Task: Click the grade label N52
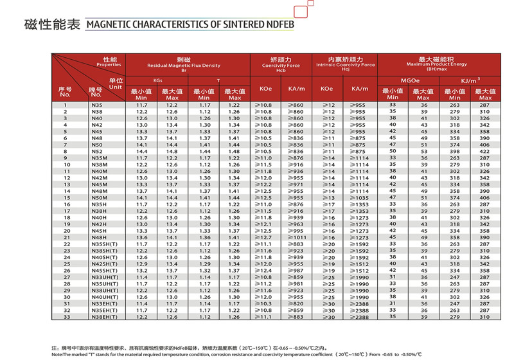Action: point(98,152)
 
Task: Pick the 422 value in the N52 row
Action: point(484,152)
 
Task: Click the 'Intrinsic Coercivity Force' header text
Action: point(346,66)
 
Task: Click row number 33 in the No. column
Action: point(65,317)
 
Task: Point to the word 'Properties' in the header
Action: point(109,65)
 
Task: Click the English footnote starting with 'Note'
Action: point(236,354)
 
